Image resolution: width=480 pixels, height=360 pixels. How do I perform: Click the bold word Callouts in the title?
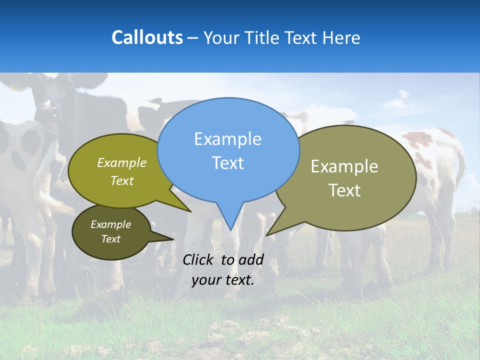click(x=147, y=37)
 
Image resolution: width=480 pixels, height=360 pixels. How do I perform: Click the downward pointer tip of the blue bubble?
click(x=230, y=229)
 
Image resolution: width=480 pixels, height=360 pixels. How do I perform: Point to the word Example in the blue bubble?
click(x=227, y=138)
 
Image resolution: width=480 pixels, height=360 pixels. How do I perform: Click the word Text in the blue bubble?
click(x=228, y=163)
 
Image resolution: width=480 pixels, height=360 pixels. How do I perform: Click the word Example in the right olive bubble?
click(x=344, y=166)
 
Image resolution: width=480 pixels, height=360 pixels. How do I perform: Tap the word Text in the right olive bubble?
click(x=344, y=190)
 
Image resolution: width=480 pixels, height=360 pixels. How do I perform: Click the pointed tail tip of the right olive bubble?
click(x=267, y=235)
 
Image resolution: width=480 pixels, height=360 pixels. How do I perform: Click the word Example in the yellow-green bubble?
click(x=122, y=162)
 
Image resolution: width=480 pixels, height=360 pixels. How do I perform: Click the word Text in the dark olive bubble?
click(x=111, y=239)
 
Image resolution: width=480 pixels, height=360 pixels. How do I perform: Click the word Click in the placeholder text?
click(x=199, y=259)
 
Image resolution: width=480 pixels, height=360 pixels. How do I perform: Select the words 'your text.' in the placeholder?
click(x=223, y=280)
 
